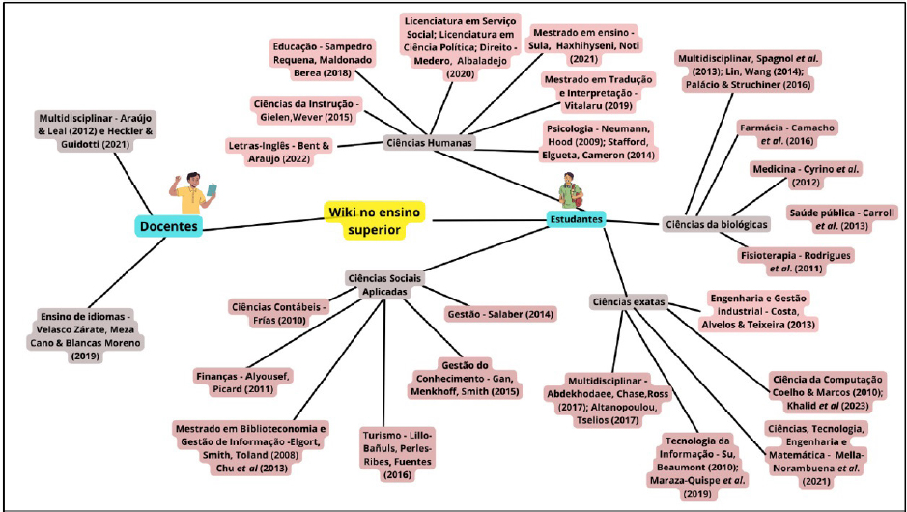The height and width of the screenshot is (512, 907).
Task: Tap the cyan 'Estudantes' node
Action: click(576, 219)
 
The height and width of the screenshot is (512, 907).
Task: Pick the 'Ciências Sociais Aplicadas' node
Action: click(383, 284)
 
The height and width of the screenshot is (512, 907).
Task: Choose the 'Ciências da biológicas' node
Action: click(717, 224)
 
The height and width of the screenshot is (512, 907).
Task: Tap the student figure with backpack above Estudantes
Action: click(571, 189)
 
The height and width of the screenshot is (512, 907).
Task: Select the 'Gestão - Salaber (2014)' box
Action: click(500, 314)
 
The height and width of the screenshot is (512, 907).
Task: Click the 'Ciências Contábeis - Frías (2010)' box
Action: click(279, 314)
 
